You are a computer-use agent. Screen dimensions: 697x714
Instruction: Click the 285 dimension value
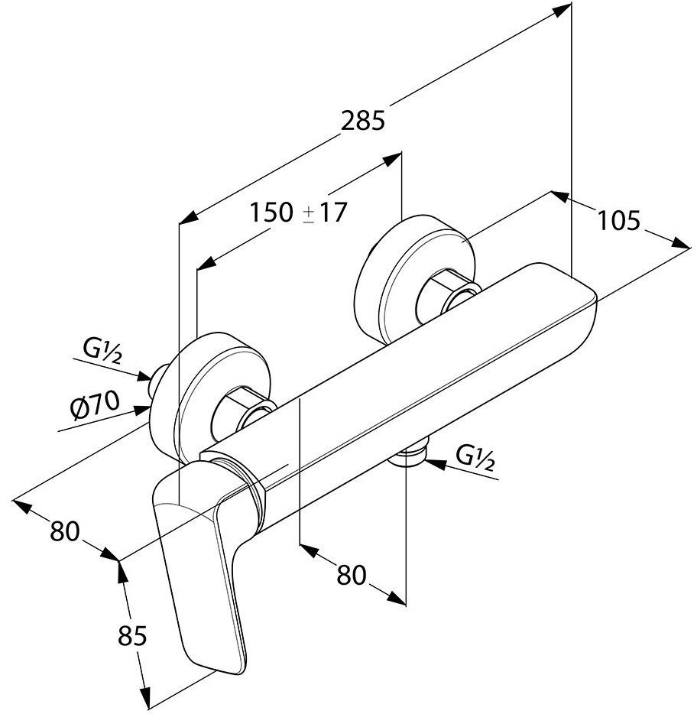tap(363, 121)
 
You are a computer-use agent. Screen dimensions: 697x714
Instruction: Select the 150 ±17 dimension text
tap(299, 213)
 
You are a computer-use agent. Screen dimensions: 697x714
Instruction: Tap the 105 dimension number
tap(618, 221)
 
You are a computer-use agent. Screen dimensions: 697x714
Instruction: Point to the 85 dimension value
tap(132, 636)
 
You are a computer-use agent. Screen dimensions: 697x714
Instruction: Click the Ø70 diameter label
tap(95, 405)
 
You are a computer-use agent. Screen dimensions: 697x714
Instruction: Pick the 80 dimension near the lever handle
tap(65, 531)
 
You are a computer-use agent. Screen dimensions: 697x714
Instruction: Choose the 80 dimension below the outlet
tap(351, 575)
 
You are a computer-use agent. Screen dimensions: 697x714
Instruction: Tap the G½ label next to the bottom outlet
tap(475, 458)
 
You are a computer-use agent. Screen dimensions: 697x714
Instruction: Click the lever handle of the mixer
tap(200, 560)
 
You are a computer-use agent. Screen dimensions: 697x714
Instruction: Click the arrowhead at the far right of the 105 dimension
tap(681, 243)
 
